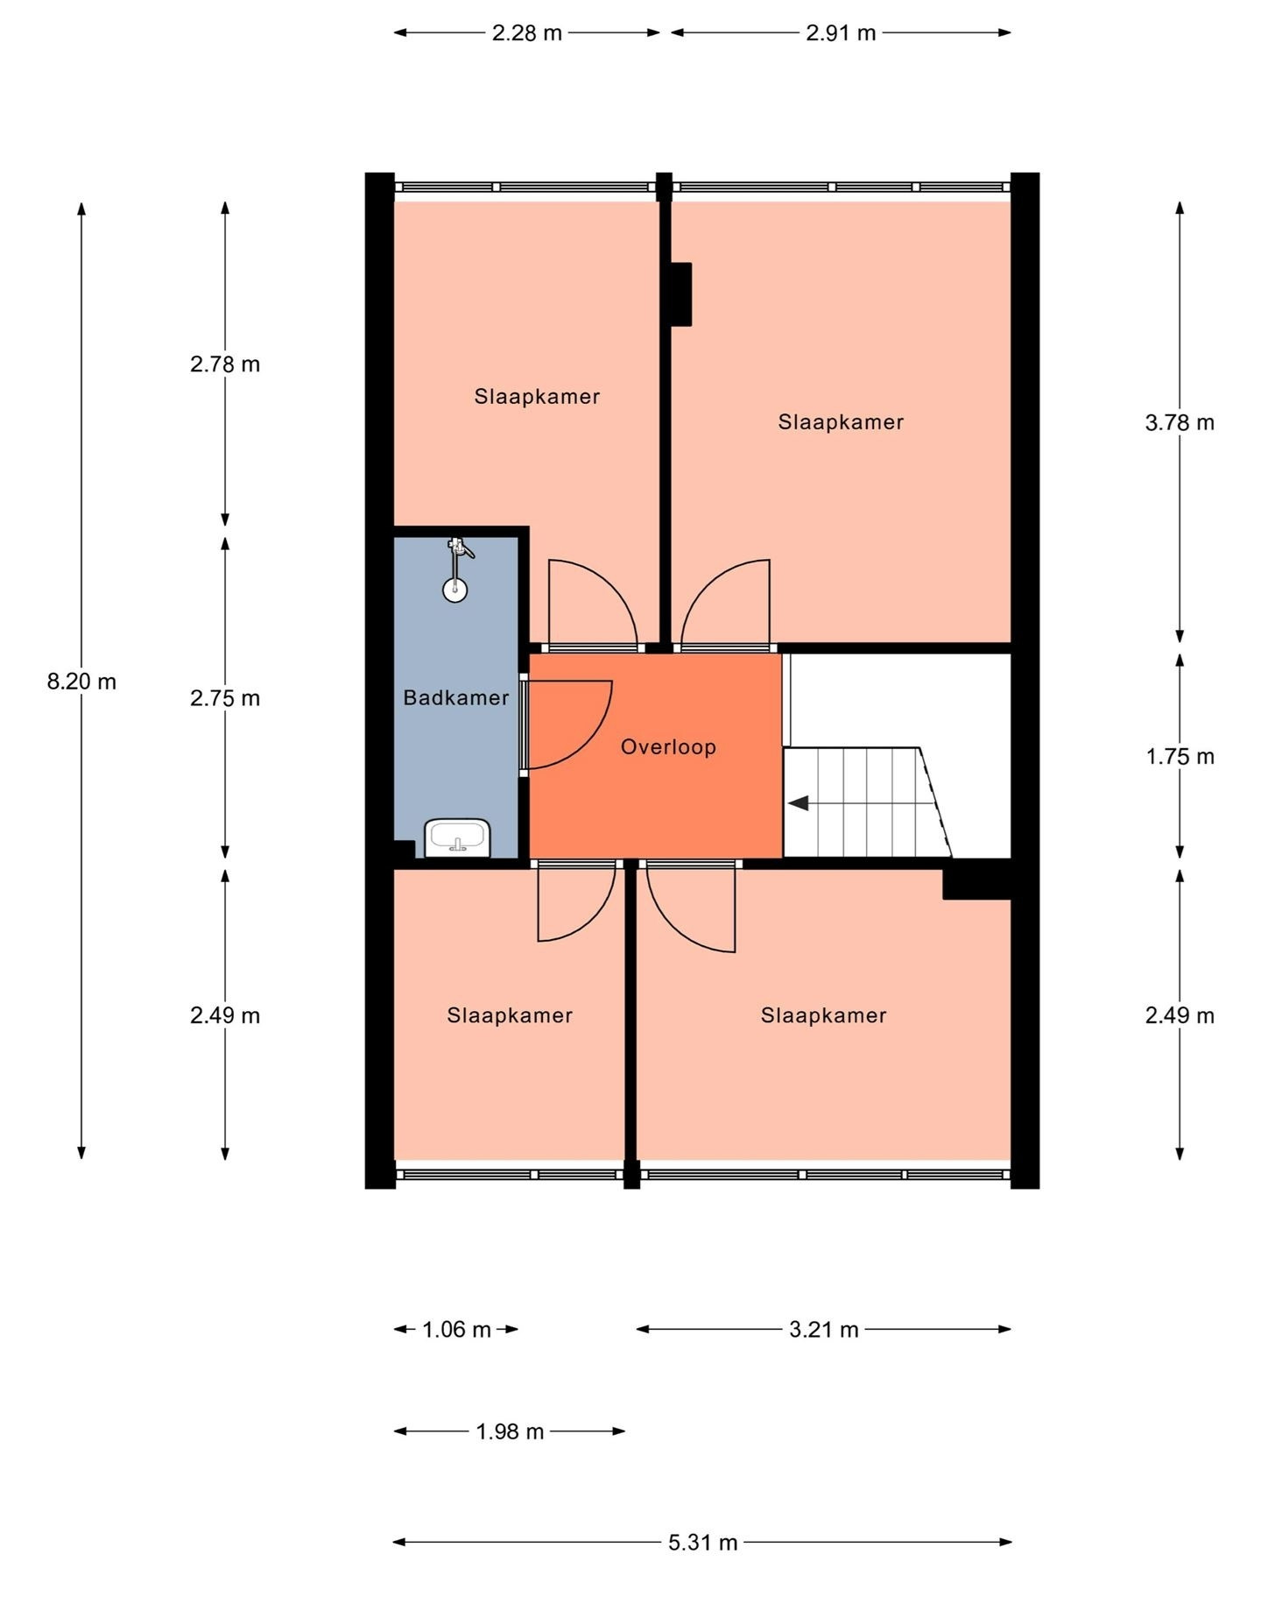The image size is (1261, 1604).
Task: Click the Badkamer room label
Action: tap(455, 698)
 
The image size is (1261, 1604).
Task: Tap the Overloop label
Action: tap(668, 747)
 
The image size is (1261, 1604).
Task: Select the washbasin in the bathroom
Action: tap(457, 838)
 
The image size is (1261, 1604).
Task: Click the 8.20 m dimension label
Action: tap(81, 682)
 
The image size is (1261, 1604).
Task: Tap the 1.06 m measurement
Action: tap(456, 1330)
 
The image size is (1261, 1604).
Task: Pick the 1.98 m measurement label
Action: tap(510, 1431)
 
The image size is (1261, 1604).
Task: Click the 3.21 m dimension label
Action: tap(823, 1330)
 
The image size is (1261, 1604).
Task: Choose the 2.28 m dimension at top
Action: tap(526, 33)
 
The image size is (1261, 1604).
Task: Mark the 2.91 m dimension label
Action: tap(841, 33)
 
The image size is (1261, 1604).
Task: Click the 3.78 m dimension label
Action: tap(1180, 423)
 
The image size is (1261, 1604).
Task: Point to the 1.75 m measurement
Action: tap(1180, 757)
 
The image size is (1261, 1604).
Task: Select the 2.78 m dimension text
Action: tap(225, 364)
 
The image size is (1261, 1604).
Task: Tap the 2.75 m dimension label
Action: tap(225, 698)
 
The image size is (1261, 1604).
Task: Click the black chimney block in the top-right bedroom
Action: tap(681, 294)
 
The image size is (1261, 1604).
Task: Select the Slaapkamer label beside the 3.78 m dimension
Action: tap(841, 422)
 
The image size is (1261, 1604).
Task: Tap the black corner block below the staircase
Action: tap(976, 880)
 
